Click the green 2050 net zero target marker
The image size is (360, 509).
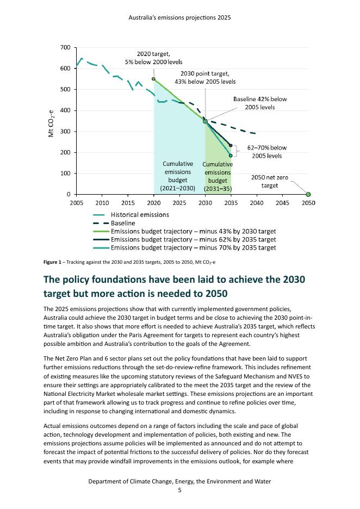308,195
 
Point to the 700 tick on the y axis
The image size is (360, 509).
65,48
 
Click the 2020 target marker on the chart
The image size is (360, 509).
153,79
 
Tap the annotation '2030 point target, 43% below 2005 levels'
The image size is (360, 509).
205,78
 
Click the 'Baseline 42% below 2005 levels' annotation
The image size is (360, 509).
259,103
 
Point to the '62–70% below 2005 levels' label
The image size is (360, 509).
266,152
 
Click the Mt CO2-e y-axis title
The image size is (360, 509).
52,122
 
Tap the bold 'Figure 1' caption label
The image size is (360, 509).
54,262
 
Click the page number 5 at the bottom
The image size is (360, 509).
179,490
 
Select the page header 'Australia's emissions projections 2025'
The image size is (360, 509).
179,17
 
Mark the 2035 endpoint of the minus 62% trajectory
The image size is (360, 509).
231,145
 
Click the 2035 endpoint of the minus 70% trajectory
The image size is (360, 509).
231,156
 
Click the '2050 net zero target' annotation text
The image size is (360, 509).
270,181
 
